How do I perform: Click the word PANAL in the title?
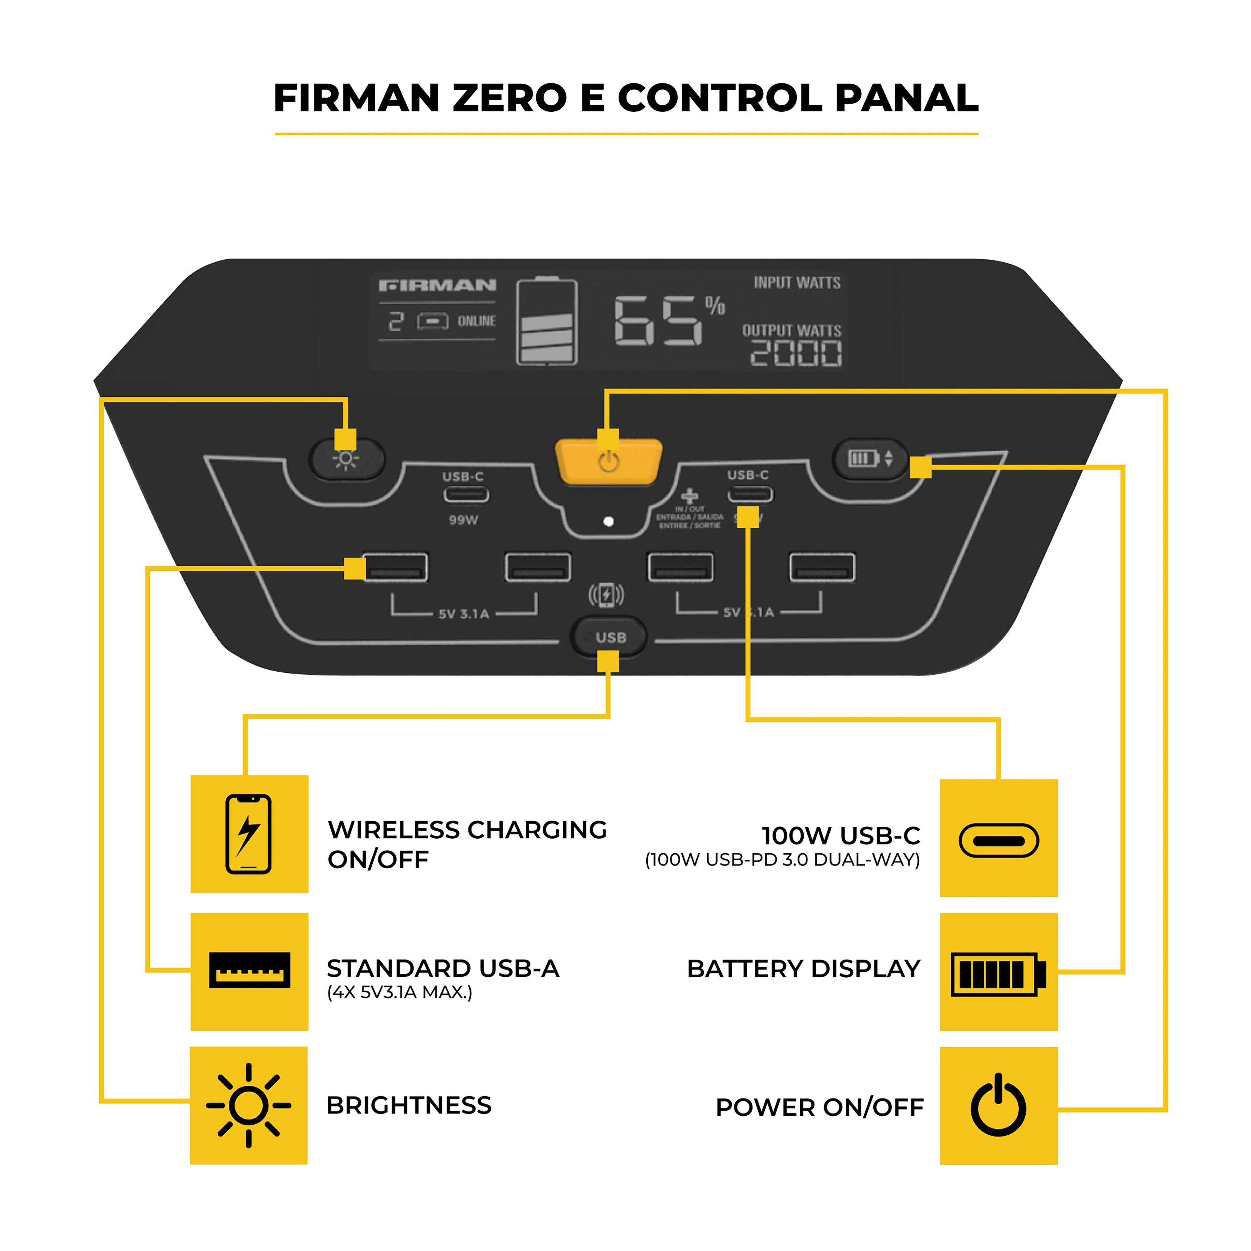point(907,98)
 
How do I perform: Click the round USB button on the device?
point(609,637)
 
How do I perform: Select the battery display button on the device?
point(870,458)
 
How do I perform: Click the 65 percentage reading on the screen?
point(657,321)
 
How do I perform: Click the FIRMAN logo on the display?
point(438,285)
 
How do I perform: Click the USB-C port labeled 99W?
point(466,495)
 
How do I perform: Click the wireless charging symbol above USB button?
point(606,595)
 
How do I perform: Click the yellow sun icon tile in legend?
point(249,1105)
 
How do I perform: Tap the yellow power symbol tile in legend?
point(999,1105)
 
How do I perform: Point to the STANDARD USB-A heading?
point(443,969)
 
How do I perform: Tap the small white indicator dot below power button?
point(608,521)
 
